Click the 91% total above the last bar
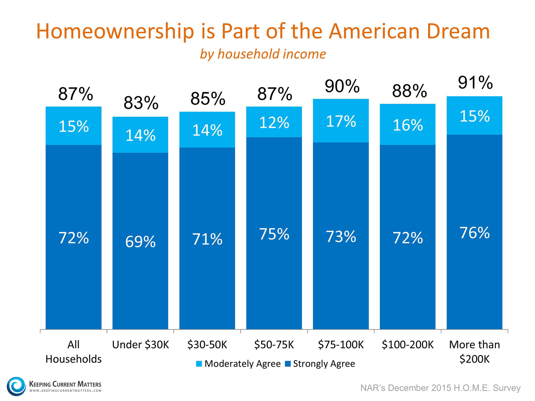pos(475,83)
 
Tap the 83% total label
pos(141,103)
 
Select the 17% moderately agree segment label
pos(341,121)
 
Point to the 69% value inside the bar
pos(140,241)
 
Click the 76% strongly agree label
pos(475,233)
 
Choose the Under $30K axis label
pos(140,345)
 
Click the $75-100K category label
pos(341,345)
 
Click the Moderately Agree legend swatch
pos(199,364)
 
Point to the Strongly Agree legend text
pos(324,364)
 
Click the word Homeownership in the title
pos(115,31)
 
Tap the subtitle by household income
pos(263,54)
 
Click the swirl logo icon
pos(16,386)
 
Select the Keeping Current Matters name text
pos(65,384)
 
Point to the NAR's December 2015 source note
pos(440,388)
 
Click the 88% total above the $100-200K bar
pos(409,91)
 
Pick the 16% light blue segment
pos(408,125)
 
